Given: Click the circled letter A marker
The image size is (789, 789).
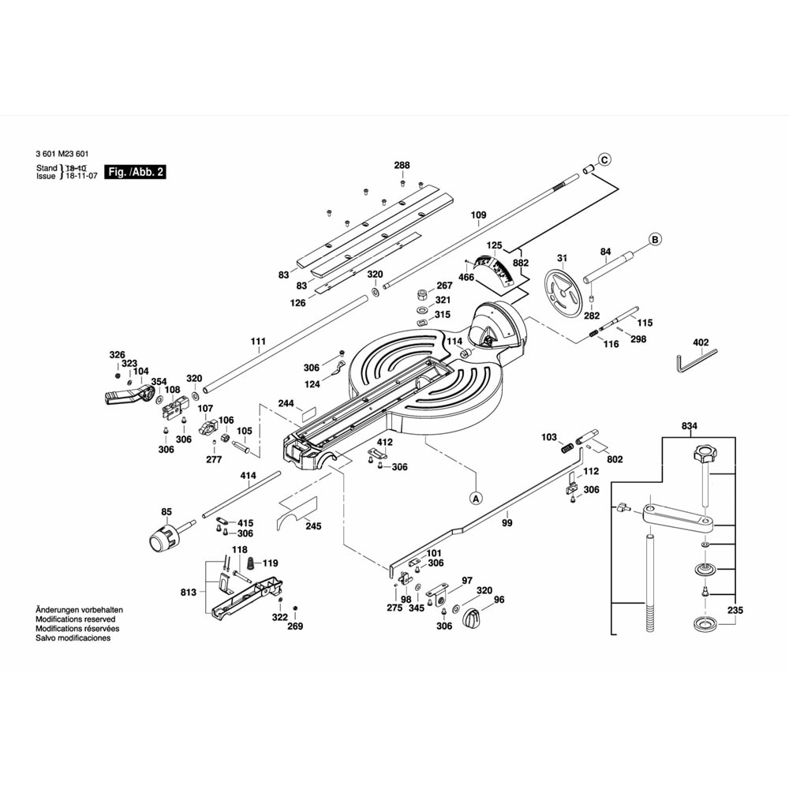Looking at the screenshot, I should [x=476, y=498].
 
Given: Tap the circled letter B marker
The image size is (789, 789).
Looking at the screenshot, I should [x=654, y=239].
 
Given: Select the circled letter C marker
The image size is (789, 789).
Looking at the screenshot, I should [x=604, y=160].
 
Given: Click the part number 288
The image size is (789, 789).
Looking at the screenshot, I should [x=402, y=165].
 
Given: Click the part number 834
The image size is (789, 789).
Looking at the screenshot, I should [x=690, y=426].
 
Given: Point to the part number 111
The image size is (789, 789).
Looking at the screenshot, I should [x=258, y=342].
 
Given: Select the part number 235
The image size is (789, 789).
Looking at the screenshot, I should [x=735, y=609].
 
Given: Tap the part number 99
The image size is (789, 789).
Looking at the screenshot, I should [x=484, y=522].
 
